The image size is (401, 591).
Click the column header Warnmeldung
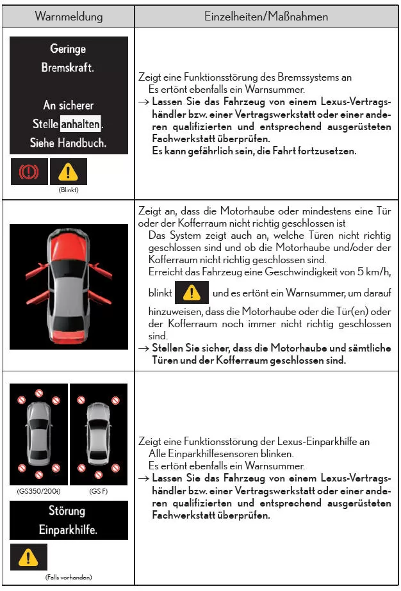point(69,17)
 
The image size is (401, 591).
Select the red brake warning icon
point(29,172)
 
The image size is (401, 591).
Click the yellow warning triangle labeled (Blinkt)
point(68,172)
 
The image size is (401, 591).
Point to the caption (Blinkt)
point(68,190)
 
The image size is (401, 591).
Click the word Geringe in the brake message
point(68,49)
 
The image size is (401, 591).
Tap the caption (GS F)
point(98,491)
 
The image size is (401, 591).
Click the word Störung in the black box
point(68,511)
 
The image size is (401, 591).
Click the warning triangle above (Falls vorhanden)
point(28,558)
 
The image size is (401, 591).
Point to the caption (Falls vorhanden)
point(69,578)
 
